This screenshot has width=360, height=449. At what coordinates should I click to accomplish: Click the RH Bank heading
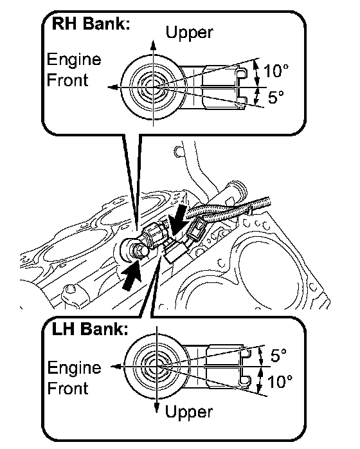tap(91, 23)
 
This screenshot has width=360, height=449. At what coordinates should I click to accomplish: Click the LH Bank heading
tap(90, 329)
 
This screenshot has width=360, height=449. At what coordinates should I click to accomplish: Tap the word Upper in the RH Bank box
tap(190, 33)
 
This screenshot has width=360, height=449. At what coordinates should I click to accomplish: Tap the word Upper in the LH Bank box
tap(189, 412)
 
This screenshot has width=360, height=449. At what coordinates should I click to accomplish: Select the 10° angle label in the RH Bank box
tap(276, 71)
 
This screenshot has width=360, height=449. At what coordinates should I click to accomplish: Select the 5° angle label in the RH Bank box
tap(276, 96)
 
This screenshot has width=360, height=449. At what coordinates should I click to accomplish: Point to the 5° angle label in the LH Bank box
tap(278, 355)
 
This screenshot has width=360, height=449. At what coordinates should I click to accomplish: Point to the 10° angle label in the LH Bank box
tap(280, 381)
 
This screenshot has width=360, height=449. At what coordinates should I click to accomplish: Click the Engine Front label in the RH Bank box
tap(74, 69)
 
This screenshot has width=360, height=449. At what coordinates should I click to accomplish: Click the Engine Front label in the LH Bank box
tap(74, 378)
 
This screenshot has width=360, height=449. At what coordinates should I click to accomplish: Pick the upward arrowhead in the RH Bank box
tap(154, 46)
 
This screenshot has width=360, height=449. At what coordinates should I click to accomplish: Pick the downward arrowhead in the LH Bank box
tap(156, 406)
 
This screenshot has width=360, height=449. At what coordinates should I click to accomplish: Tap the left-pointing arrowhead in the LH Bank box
tap(116, 366)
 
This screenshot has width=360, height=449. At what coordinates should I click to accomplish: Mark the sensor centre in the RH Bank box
tap(154, 87)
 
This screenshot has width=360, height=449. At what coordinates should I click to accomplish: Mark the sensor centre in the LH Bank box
tap(157, 366)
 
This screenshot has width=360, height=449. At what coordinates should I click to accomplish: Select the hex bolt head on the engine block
tap(140, 251)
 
